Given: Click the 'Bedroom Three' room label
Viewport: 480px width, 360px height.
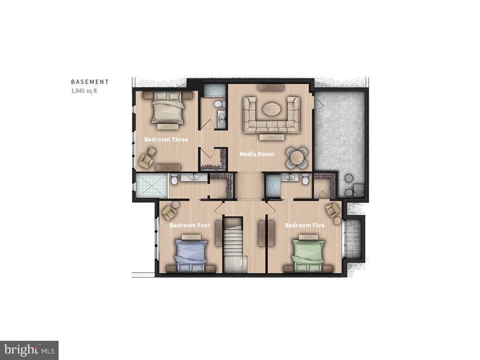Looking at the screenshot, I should point(166,139).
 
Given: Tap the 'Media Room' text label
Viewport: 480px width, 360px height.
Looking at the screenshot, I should point(257,154).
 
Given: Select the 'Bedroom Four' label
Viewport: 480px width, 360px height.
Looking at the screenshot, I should point(190,225).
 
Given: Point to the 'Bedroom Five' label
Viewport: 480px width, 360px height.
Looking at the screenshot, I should point(305,225).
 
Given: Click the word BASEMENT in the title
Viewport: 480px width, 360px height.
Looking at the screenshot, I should point(90,82).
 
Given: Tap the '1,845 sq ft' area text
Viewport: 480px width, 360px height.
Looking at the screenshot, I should point(84,91).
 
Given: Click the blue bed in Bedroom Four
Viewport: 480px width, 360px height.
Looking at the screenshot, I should point(191,255).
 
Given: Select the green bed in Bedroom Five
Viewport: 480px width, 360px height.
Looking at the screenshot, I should point(308,255).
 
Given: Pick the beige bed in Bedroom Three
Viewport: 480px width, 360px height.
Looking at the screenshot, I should point(167,109).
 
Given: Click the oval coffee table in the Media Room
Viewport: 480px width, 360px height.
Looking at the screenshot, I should point(271,109).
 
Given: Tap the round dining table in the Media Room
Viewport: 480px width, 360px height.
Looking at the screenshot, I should point(297,157).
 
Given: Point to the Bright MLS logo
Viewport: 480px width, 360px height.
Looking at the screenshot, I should point(29,350).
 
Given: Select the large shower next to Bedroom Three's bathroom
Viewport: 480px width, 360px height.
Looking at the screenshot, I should point(151,186).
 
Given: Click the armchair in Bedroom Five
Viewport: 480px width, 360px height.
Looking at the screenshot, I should point(332,209).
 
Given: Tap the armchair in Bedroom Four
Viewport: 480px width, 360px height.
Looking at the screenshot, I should point(169,212).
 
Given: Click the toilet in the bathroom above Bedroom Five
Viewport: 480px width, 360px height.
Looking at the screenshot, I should point(305,179).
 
